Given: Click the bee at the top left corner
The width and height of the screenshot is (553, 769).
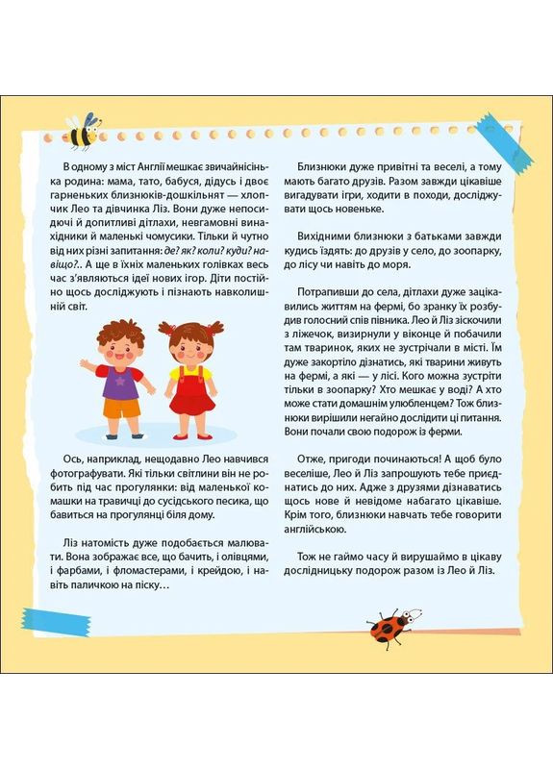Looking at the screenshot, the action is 84,129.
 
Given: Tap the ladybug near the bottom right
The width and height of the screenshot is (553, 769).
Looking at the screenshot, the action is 393,626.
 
